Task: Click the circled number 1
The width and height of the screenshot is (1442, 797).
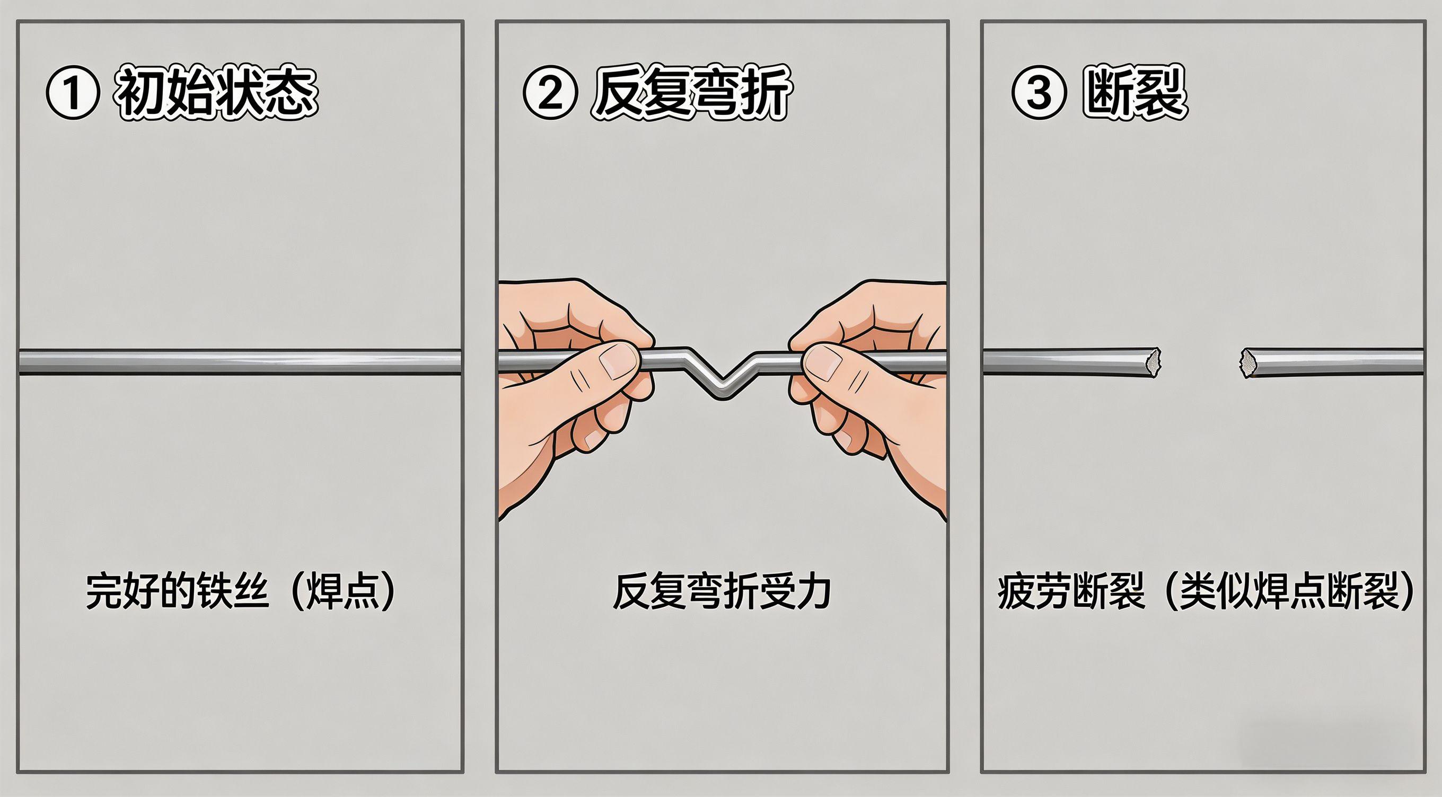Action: pyautogui.click(x=73, y=93)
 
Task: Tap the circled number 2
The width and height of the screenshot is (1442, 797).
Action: pyautogui.click(x=550, y=93)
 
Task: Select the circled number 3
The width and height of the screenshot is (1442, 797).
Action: pyautogui.click(x=1039, y=93)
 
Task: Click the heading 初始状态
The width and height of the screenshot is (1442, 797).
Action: pyautogui.click(x=216, y=93)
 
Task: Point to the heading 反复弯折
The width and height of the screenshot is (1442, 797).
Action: pyautogui.click(x=691, y=93)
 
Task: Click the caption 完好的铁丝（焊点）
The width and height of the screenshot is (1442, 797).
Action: pyautogui.click(x=241, y=591)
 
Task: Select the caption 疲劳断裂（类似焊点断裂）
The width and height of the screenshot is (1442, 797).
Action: pyautogui.click(x=1206, y=591)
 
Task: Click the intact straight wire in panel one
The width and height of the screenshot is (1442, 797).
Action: pyautogui.click(x=241, y=361)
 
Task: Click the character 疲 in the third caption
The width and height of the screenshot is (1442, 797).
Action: pyautogui.click(x=1016, y=591)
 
